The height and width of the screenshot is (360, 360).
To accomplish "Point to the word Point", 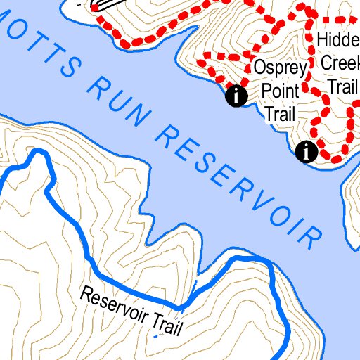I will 280,91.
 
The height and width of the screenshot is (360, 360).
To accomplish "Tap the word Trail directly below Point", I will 279,113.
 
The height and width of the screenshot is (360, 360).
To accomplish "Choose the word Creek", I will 340,62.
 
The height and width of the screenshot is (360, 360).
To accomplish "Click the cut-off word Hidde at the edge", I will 337,39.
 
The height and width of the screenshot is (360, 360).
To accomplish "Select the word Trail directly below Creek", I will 343,85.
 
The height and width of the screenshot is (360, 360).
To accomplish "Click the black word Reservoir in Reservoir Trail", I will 113,303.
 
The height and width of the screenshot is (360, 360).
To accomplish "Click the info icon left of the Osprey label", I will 236,97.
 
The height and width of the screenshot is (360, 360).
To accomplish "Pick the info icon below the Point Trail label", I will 307,150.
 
